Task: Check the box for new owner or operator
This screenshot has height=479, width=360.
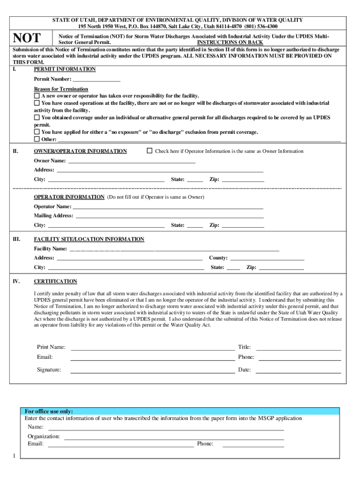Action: [x=37, y=95]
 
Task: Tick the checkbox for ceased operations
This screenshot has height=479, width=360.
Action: [x=37, y=103]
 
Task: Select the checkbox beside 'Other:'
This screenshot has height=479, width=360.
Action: [x=37, y=139]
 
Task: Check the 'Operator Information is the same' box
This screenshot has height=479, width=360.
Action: [x=150, y=151]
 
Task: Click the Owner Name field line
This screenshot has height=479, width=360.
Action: [x=131, y=161]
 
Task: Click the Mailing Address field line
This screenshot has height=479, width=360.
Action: [x=169, y=216]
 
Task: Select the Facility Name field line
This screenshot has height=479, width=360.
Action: [x=173, y=249]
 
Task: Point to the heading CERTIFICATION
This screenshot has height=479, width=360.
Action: [x=55, y=282]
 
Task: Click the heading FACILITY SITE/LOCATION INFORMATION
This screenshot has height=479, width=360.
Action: [x=89, y=239]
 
